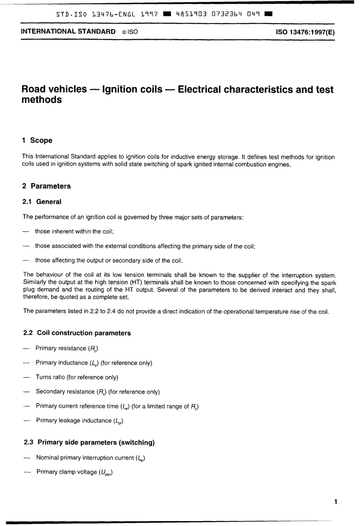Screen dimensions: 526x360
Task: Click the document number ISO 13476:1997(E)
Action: pos(306,32)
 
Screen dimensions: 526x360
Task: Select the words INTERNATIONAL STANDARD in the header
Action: pos(68,32)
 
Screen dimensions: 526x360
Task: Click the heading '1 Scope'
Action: pos(37,140)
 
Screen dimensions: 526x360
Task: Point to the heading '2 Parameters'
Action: pos(47,186)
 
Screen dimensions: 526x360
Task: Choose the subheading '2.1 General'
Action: pos(42,202)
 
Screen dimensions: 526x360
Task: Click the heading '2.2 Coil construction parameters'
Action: pos(77,333)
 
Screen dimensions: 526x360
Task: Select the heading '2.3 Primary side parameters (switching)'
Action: pos(89,442)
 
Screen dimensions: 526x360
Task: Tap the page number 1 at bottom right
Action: pos(336,502)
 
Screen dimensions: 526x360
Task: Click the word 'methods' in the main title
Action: pos(42,100)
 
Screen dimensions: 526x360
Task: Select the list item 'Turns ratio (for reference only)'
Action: pos(77,377)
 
